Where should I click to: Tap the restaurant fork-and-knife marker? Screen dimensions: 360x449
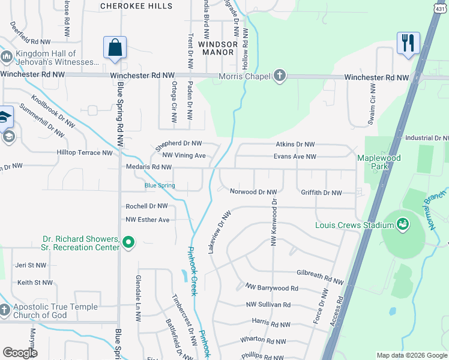[x=407, y=43]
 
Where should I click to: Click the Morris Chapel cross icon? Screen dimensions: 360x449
[x=279, y=76]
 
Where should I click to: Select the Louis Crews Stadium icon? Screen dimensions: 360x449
[x=403, y=225]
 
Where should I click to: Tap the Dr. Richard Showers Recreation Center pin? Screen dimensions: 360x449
[x=127, y=242]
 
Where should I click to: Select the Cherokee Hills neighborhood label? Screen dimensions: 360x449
[x=136, y=6]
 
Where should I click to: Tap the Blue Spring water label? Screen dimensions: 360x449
[x=160, y=185]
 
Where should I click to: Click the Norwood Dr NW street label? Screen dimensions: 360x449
[x=253, y=192]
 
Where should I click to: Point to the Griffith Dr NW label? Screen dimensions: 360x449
[x=321, y=193]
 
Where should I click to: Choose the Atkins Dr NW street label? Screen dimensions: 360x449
[x=295, y=145]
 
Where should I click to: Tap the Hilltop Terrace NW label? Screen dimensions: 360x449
[x=85, y=153]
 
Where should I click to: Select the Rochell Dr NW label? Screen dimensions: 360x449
[x=146, y=206]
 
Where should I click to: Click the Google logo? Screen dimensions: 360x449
[x=20, y=353]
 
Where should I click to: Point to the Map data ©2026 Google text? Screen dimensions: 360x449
[x=411, y=355]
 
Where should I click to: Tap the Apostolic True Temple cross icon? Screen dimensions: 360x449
[x=5, y=311]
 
